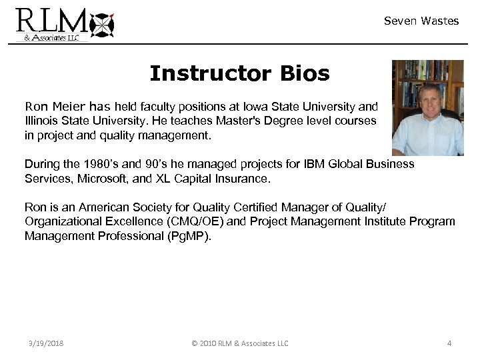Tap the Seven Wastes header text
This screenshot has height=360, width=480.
tap(421, 21)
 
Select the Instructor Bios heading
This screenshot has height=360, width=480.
tap(239, 73)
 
